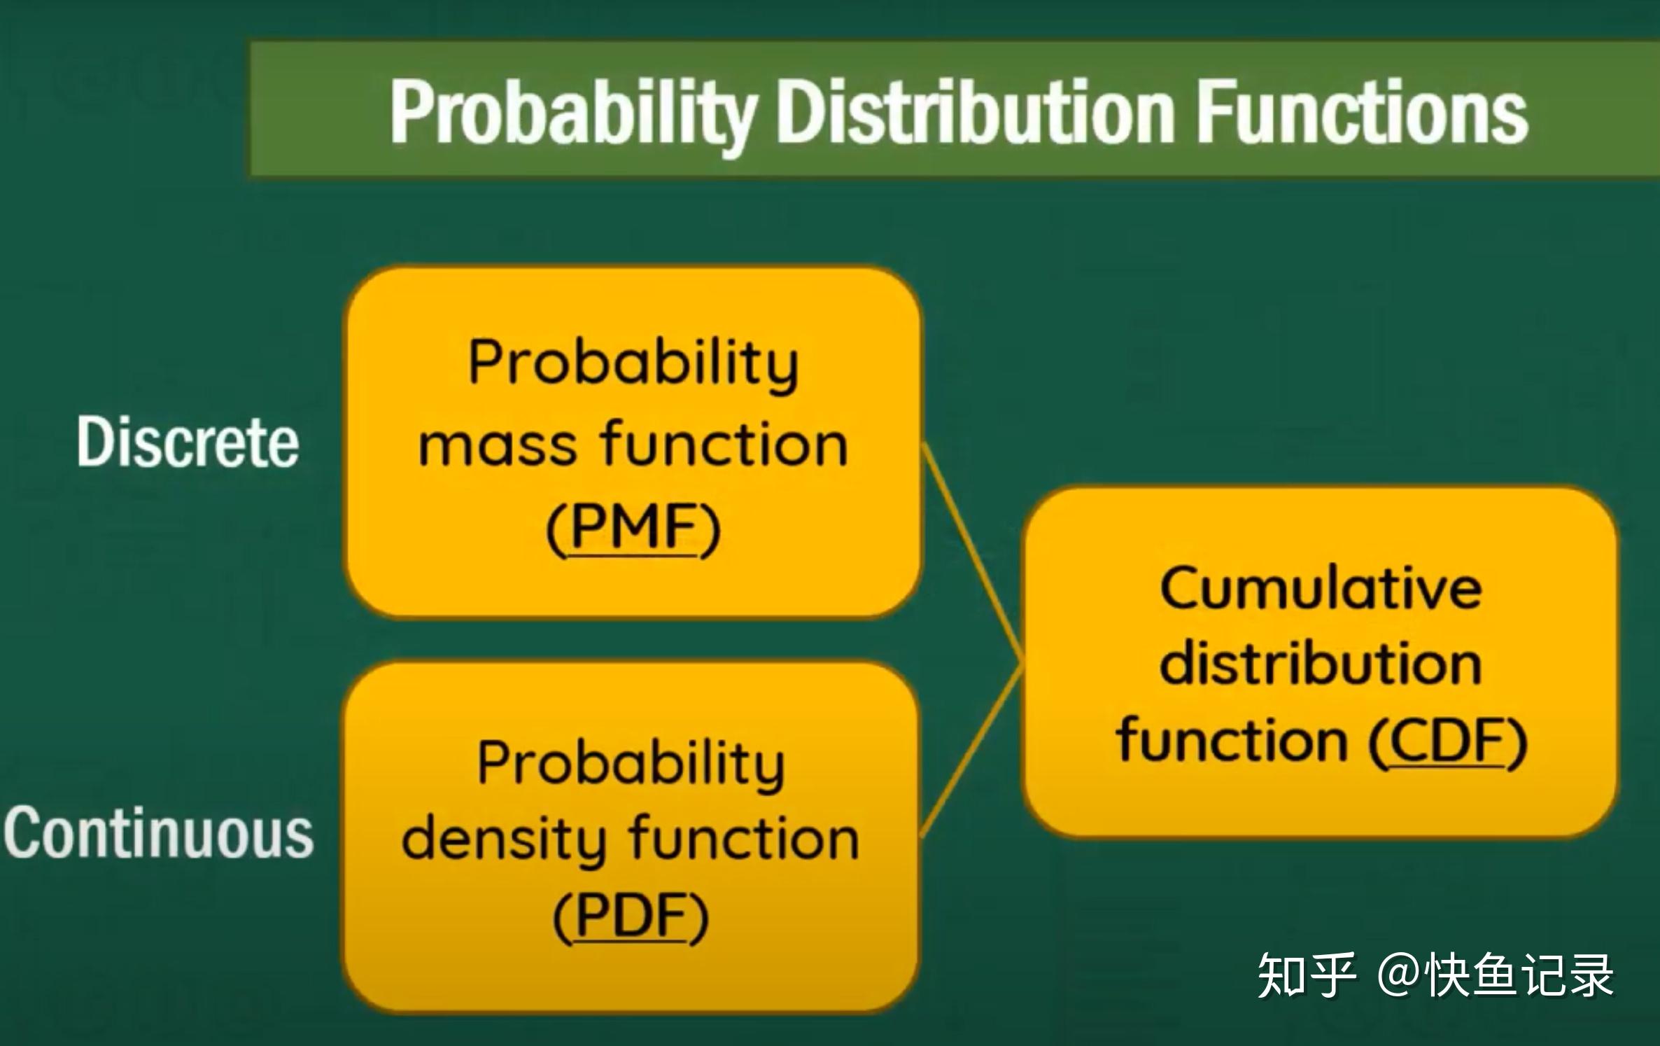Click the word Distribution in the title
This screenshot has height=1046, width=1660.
976,112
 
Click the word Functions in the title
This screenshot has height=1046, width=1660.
1361,112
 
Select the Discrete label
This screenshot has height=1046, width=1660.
188,442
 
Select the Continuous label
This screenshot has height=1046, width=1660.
159,832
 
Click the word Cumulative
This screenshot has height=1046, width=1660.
1321,588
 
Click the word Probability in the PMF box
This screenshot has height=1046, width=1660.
633,364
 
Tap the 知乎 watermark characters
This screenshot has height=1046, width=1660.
1306,975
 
